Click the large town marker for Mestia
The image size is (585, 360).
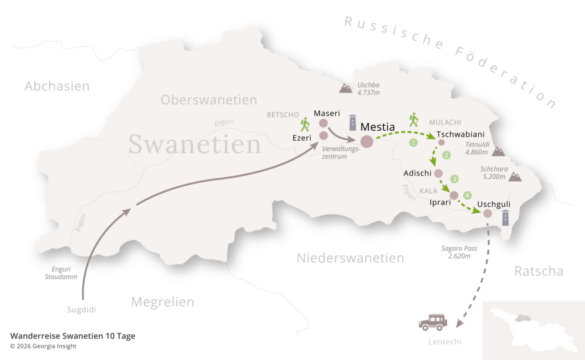click(x=366, y=141)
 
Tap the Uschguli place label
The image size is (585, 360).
click(x=494, y=203)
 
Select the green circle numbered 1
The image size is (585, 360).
click(x=413, y=142)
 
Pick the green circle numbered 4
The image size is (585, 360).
click(x=468, y=195)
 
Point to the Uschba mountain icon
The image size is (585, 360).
click(x=346, y=88)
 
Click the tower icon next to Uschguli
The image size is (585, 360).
click(x=505, y=218)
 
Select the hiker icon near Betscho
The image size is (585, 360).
click(x=305, y=124)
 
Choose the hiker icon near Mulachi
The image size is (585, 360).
click(x=414, y=120)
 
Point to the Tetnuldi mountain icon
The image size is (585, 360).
click(x=498, y=151)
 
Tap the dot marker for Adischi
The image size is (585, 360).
click(x=438, y=174)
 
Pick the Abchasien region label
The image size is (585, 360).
click(x=57, y=86)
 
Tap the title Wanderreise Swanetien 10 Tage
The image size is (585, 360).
click(x=73, y=336)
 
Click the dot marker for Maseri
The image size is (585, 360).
click(x=323, y=123)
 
